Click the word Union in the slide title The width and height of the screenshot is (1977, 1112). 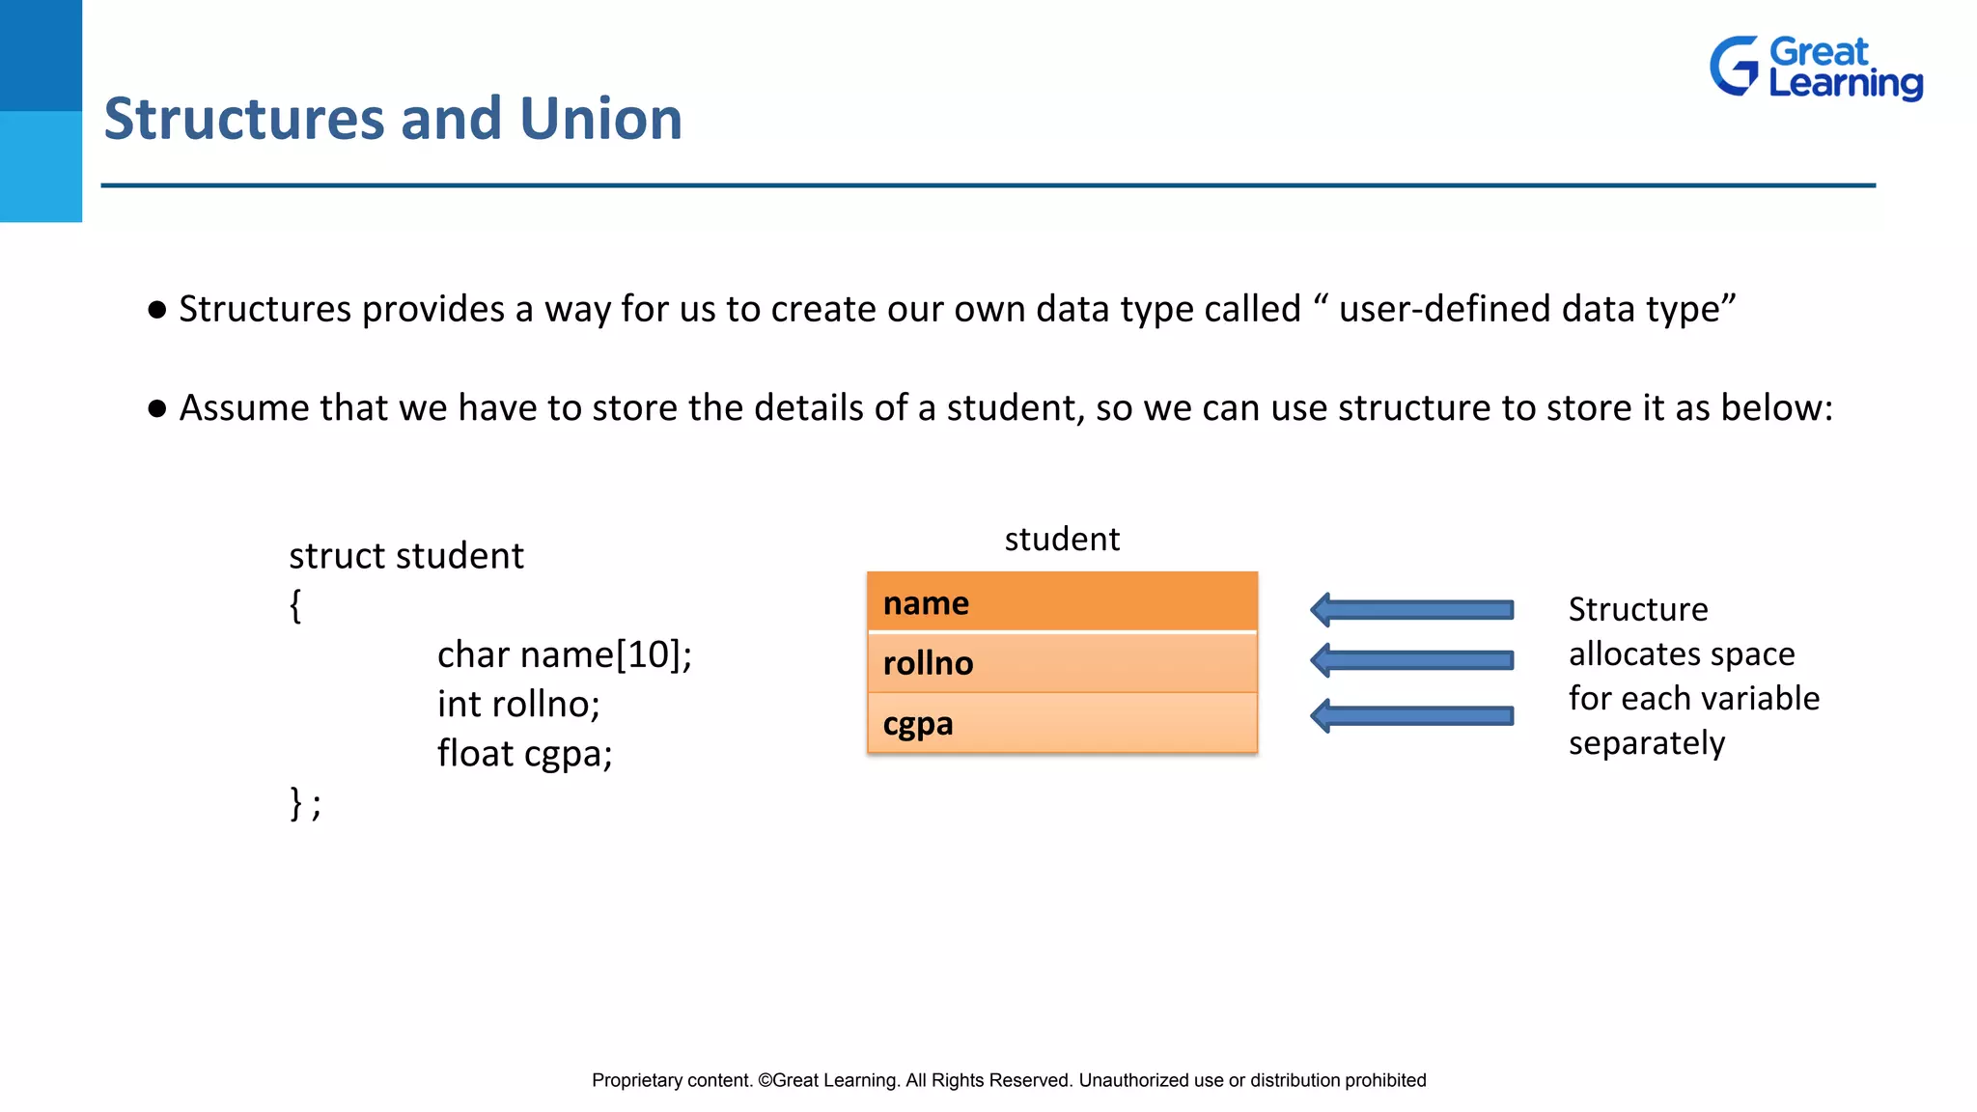coord(600,119)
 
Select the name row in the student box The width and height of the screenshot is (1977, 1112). coord(1062,602)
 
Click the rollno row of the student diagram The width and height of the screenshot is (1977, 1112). coord(1062,663)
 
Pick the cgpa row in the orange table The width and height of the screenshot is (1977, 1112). coord(1062,723)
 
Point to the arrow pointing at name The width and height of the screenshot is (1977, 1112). coord(1411,609)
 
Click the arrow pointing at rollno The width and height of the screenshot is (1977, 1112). coord(1411,660)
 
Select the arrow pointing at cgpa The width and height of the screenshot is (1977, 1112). coord(1411,715)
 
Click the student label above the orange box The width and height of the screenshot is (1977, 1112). coord(1062,539)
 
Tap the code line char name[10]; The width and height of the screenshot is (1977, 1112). coord(564,654)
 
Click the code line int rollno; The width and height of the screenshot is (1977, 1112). coord(518,704)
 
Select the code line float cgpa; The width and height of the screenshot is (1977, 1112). coord(524,753)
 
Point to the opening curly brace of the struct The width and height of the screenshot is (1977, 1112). coord(295,606)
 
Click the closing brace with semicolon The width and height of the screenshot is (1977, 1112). coord(305,803)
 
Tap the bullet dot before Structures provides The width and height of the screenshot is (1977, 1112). coord(157,310)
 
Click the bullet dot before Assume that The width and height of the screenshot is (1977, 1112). coord(157,408)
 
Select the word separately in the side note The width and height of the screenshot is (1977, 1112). coord(1646,743)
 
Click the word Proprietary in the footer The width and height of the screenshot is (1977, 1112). coord(636,1080)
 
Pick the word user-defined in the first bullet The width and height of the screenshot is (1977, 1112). coord(1443,309)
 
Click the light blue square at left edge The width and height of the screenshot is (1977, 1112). coord(41,166)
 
